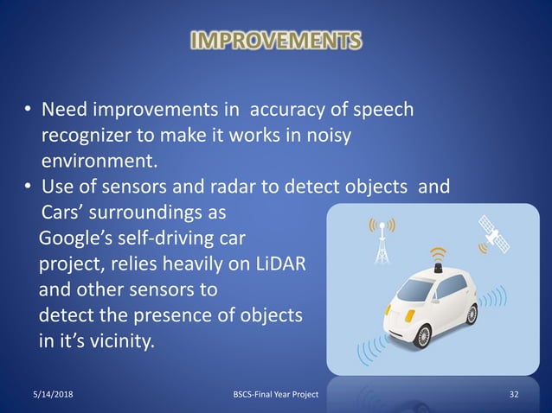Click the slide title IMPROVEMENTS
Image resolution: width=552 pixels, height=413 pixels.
point(275,41)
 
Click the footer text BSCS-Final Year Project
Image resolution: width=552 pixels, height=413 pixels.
point(276,395)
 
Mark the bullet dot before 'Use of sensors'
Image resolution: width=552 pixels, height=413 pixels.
point(28,187)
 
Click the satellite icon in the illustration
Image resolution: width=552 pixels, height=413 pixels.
point(494,234)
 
